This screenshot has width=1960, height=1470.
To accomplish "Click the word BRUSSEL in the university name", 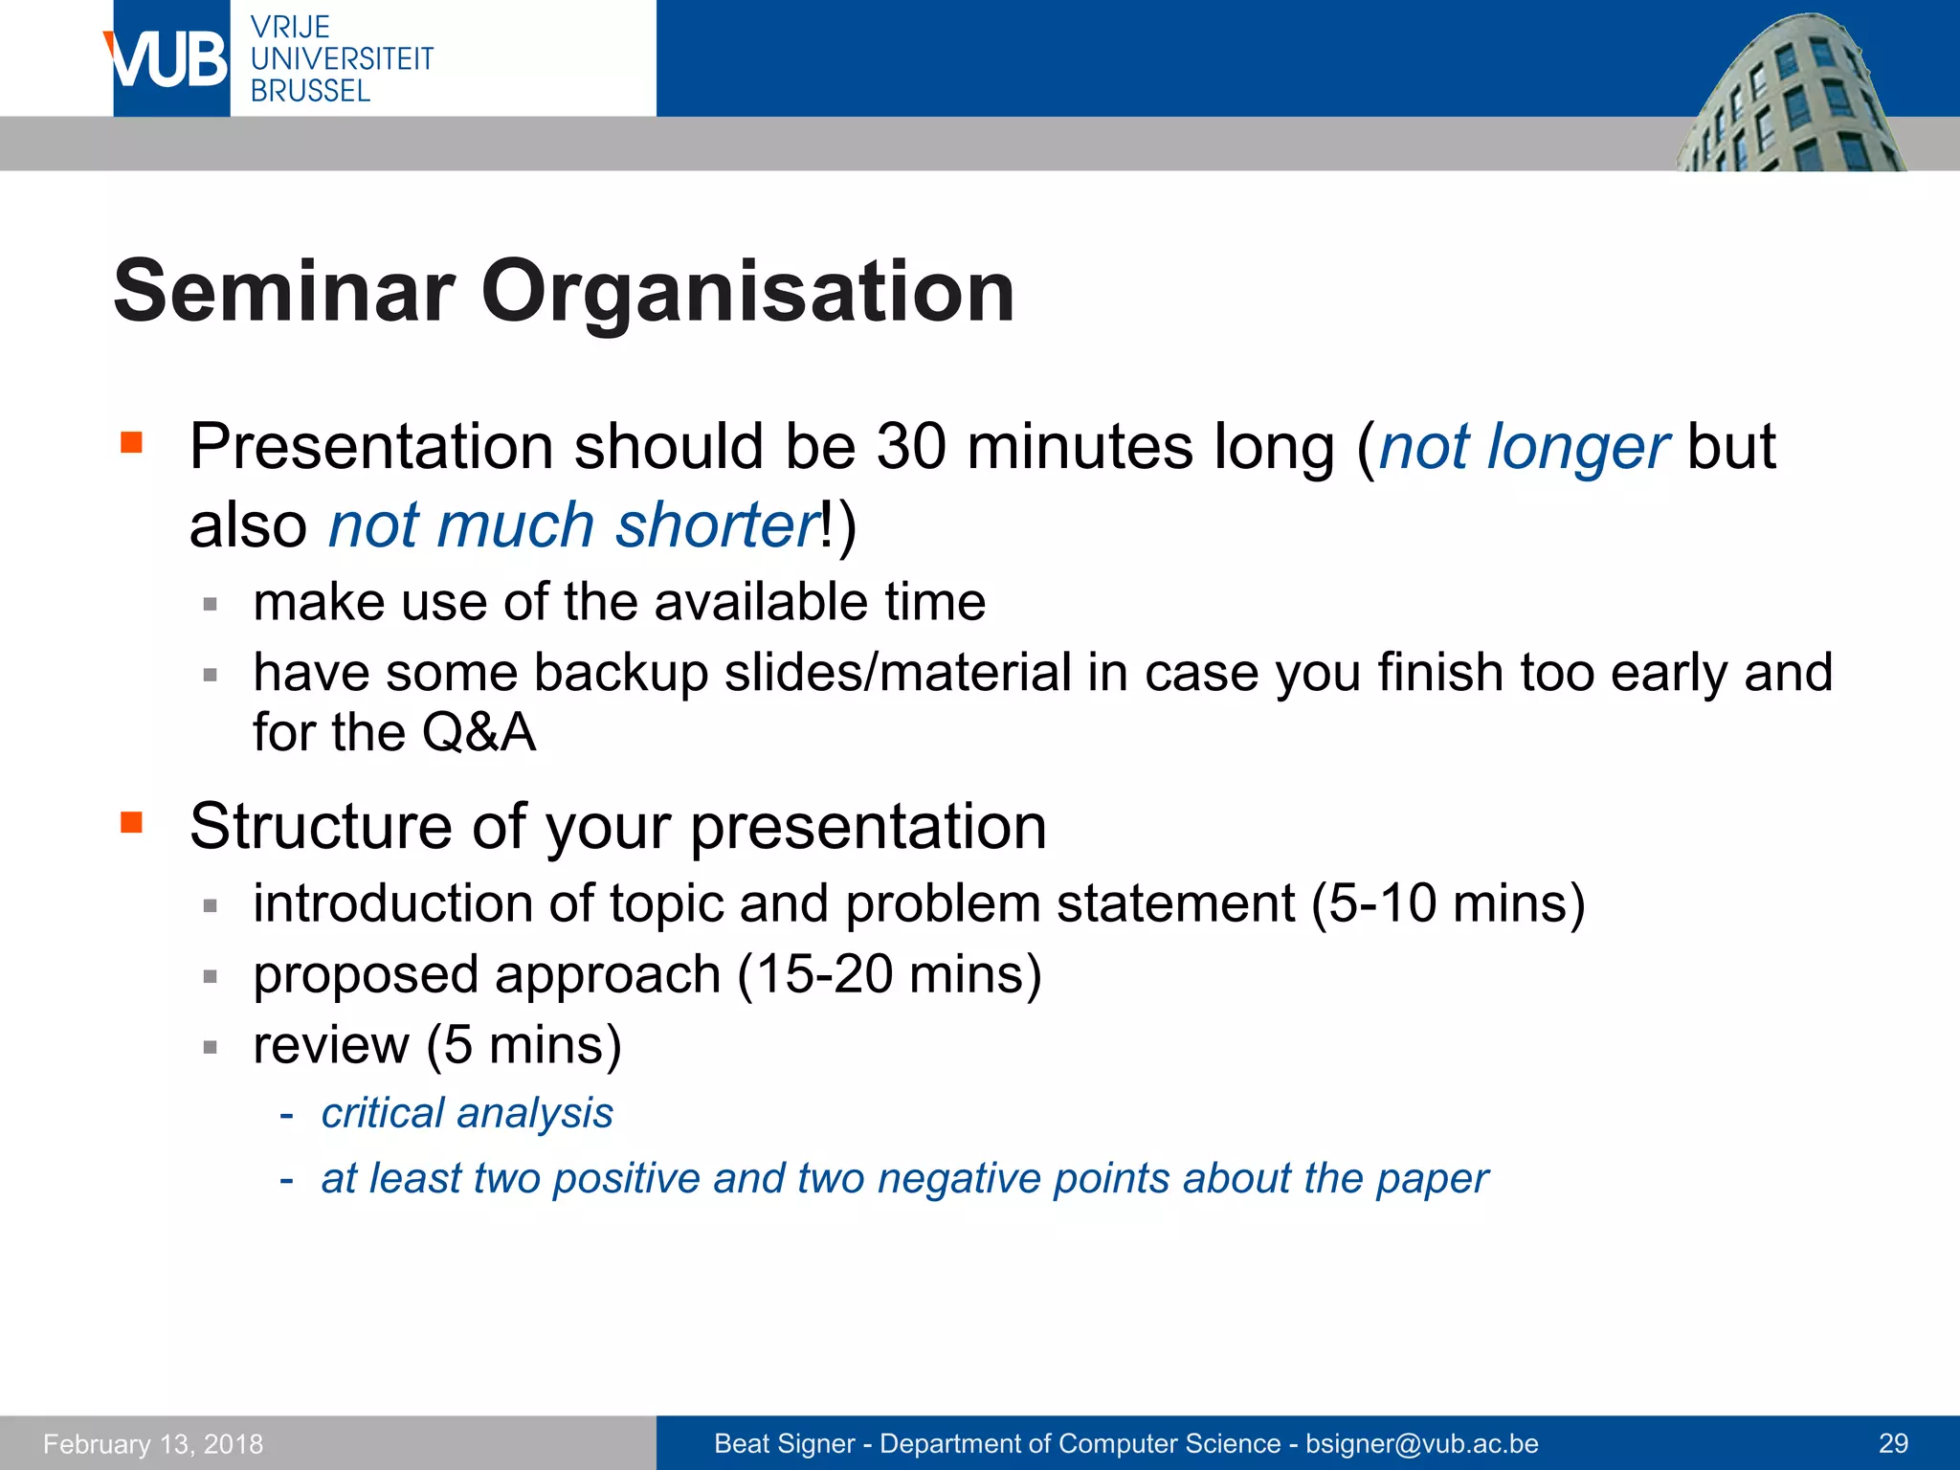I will click(310, 92).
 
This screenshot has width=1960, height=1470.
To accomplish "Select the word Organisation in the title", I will click(747, 292).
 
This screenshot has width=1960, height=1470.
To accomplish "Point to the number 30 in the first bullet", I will click(911, 447).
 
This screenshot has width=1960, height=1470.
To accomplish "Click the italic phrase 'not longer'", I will click(1524, 447).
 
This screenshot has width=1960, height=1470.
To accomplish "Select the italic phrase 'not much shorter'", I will click(573, 525).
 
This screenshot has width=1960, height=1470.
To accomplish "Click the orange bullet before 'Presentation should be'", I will click(131, 442).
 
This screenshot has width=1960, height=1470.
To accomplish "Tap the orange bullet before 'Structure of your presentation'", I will click(131, 822).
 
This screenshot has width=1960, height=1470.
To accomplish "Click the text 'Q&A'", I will click(478, 733).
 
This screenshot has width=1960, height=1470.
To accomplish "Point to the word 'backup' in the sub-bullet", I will click(620, 673).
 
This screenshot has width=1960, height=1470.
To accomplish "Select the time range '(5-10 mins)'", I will click(1448, 903).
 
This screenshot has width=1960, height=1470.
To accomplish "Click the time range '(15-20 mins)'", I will click(889, 975).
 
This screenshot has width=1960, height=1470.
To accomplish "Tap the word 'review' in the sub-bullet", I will click(331, 1045).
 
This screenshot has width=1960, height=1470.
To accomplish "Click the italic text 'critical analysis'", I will click(467, 1113).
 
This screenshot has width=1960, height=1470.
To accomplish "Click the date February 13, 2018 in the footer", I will click(153, 1444).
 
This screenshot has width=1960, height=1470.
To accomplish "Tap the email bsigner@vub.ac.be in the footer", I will click(1421, 1444).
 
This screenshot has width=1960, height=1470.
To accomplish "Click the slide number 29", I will click(1893, 1444).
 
